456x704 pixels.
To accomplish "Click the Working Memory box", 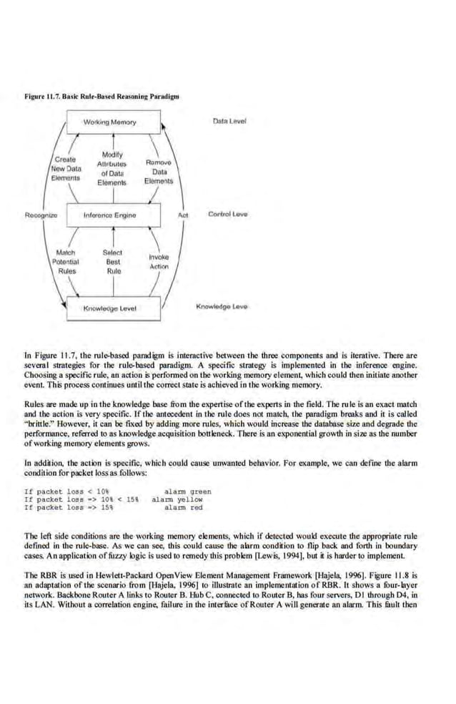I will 109,122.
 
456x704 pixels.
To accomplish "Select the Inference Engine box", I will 109,214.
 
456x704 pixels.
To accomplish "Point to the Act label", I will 183,214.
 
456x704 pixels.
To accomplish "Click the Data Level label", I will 229,121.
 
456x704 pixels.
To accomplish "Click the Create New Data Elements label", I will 66,167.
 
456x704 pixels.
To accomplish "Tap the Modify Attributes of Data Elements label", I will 112,169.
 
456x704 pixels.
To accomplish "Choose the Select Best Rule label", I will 113,262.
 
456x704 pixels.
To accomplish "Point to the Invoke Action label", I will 159,261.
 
